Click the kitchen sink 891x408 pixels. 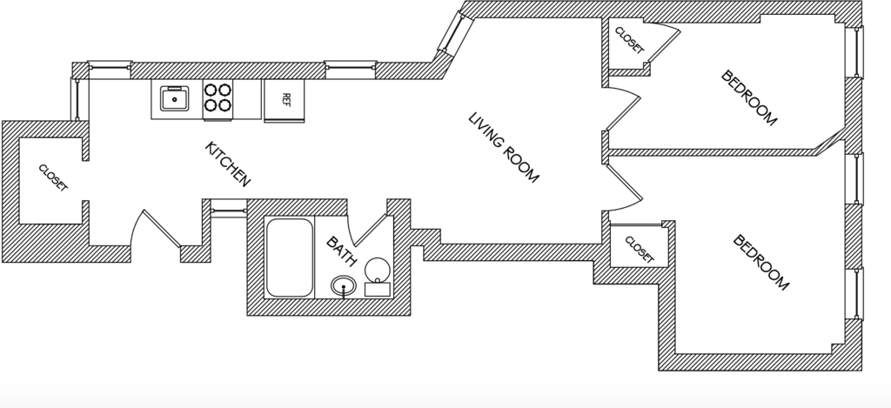(174, 99)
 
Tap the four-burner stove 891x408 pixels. (218, 98)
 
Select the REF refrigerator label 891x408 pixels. (285, 99)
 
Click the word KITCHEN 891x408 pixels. (227, 164)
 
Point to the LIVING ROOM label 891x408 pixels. (503, 147)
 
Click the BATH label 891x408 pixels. (341, 251)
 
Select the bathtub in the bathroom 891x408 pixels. (289, 258)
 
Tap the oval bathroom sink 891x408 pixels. (343, 286)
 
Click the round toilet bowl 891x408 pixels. (378, 269)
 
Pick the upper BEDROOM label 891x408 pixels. (748, 97)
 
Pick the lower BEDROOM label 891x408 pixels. (760, 262)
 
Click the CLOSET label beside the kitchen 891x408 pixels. (53, 177)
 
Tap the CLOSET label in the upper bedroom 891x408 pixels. (630, 40)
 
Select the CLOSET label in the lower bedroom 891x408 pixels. (640, 250)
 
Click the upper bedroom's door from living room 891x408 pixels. (624, 109)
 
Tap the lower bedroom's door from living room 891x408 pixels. (625, 187)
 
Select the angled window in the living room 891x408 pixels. (454, 35)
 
